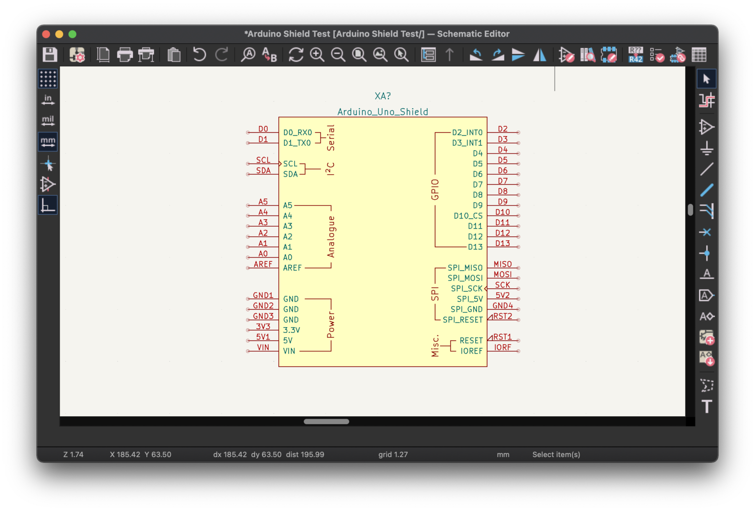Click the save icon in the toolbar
pos(50,54)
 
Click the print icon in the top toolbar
pos(125,54)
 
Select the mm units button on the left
pos(48,142)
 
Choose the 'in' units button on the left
pos(48,100)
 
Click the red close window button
pos(46,34)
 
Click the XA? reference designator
pos(383,96)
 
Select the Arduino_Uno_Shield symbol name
pos(383,112)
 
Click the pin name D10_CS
pos(468,216)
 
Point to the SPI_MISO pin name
pos(465,268)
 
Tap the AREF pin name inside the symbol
pos(292,268)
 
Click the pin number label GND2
pos(263,306)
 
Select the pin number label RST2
pos(503,316)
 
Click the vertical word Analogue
pos(331,236)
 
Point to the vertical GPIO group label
pos(435,189)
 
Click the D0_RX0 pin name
pos(298,133)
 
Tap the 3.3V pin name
pos(291,330)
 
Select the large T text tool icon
pos(706,407)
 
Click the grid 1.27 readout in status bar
pos(393,455)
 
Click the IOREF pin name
pos(471,351)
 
